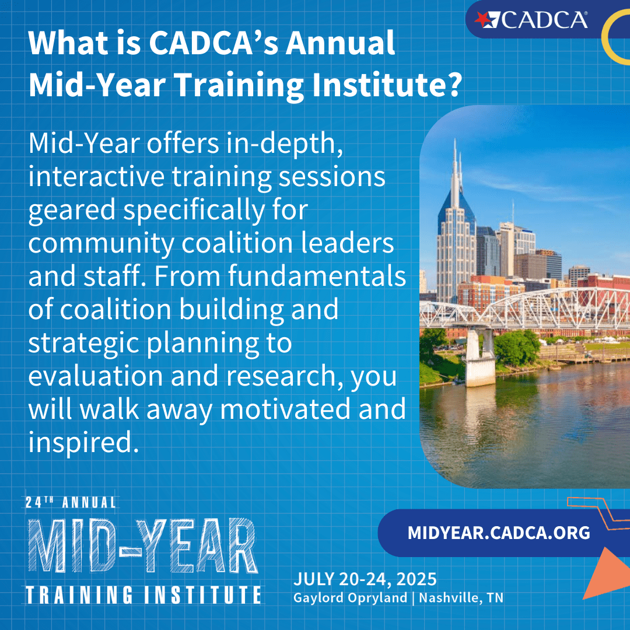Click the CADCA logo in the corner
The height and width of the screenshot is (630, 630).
tap(531, 20)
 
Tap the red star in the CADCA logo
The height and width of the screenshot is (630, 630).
tap(482, 19)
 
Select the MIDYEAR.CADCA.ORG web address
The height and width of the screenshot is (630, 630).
tap(499, 533)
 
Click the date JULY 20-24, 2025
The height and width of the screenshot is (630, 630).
tap(365, 579)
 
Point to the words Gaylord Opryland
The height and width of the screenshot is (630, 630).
tap(350, 598)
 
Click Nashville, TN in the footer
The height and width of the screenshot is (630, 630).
tap(461, 598)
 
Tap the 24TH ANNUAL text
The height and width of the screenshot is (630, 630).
tap(71, 502)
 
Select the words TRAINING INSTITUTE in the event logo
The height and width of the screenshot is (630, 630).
tap(143, 594)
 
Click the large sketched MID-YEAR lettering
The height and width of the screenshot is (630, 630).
tap(143, 545)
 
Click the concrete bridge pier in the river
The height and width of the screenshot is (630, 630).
tap(480, 358)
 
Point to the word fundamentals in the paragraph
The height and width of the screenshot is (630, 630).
tap(317, 276)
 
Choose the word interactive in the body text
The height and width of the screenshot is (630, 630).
tap(96, 176)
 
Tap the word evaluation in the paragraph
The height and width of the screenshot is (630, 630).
tap(96, 376)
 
